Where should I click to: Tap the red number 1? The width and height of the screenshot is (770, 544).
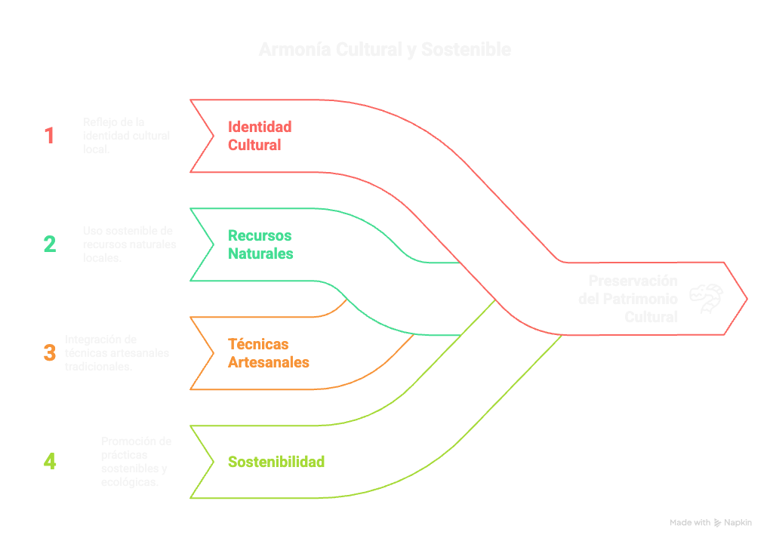[49, 136]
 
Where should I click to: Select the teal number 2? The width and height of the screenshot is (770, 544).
[49, 244]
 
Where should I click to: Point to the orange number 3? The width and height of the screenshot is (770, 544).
[50, 353]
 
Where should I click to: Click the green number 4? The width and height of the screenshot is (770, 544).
[50, 461]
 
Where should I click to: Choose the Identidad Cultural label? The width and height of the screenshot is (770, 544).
[260, 136]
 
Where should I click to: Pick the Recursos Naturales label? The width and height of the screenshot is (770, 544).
[260, 244]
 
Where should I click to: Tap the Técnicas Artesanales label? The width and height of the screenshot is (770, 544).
[268, 353]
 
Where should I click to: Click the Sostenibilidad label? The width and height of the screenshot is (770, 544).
[276, 462]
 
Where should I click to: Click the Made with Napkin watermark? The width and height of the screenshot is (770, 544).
[710, 522]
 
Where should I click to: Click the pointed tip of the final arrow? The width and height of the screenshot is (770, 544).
[747, 299]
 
